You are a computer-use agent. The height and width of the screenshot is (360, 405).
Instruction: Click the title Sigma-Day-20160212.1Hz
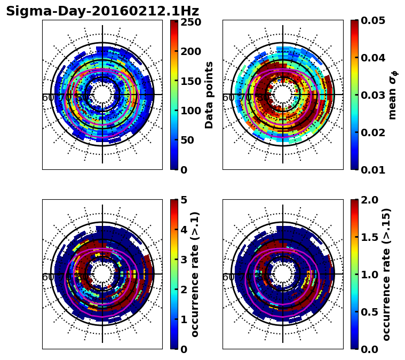102,11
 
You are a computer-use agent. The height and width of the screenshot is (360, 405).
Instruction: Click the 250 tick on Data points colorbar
190,22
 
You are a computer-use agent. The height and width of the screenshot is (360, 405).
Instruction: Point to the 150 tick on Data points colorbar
190,81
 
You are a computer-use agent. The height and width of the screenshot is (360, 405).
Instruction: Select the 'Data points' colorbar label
209,95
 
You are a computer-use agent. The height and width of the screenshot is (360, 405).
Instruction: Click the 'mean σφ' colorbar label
393,95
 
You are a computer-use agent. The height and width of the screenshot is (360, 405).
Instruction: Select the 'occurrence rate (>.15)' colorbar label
386,274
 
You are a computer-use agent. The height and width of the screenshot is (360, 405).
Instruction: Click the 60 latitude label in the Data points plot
47,98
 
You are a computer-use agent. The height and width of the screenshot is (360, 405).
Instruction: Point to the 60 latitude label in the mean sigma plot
228,98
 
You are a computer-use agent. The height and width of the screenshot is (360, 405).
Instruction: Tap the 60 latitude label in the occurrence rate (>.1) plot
47,277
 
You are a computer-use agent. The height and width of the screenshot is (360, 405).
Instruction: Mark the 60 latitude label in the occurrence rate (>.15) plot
228,277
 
